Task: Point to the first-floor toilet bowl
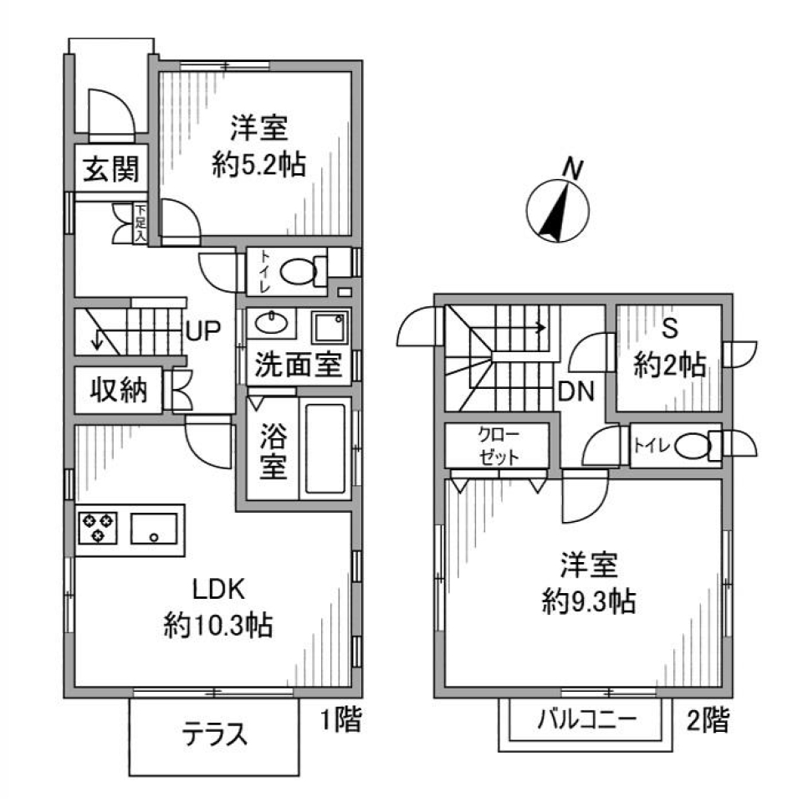298,271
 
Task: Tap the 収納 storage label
119,390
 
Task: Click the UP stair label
203,332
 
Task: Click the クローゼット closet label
498,445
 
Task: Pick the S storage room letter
669,328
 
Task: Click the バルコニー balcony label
587,718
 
